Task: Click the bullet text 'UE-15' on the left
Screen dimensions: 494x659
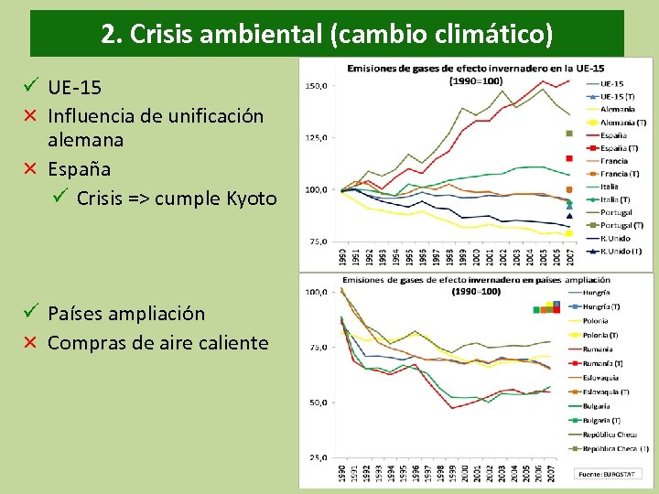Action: coord(74,88)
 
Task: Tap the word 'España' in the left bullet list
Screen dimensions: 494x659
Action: coord(79,169)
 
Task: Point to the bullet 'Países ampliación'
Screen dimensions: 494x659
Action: coord(125,314)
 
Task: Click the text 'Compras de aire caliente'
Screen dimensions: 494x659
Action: coord(157,343)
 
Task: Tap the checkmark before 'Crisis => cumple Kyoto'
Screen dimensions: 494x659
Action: coord(61,198)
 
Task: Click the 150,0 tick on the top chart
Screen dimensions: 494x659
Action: coord(317,86)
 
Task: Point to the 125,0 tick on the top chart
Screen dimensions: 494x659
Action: coord(317,138)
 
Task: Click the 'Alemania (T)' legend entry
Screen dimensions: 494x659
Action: coord(622,122)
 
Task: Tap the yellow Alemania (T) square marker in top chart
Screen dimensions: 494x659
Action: coord(568,233)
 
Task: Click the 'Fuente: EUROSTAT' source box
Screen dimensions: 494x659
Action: coord(608,474)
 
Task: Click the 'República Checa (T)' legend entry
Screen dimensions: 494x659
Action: coord(620,449)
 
